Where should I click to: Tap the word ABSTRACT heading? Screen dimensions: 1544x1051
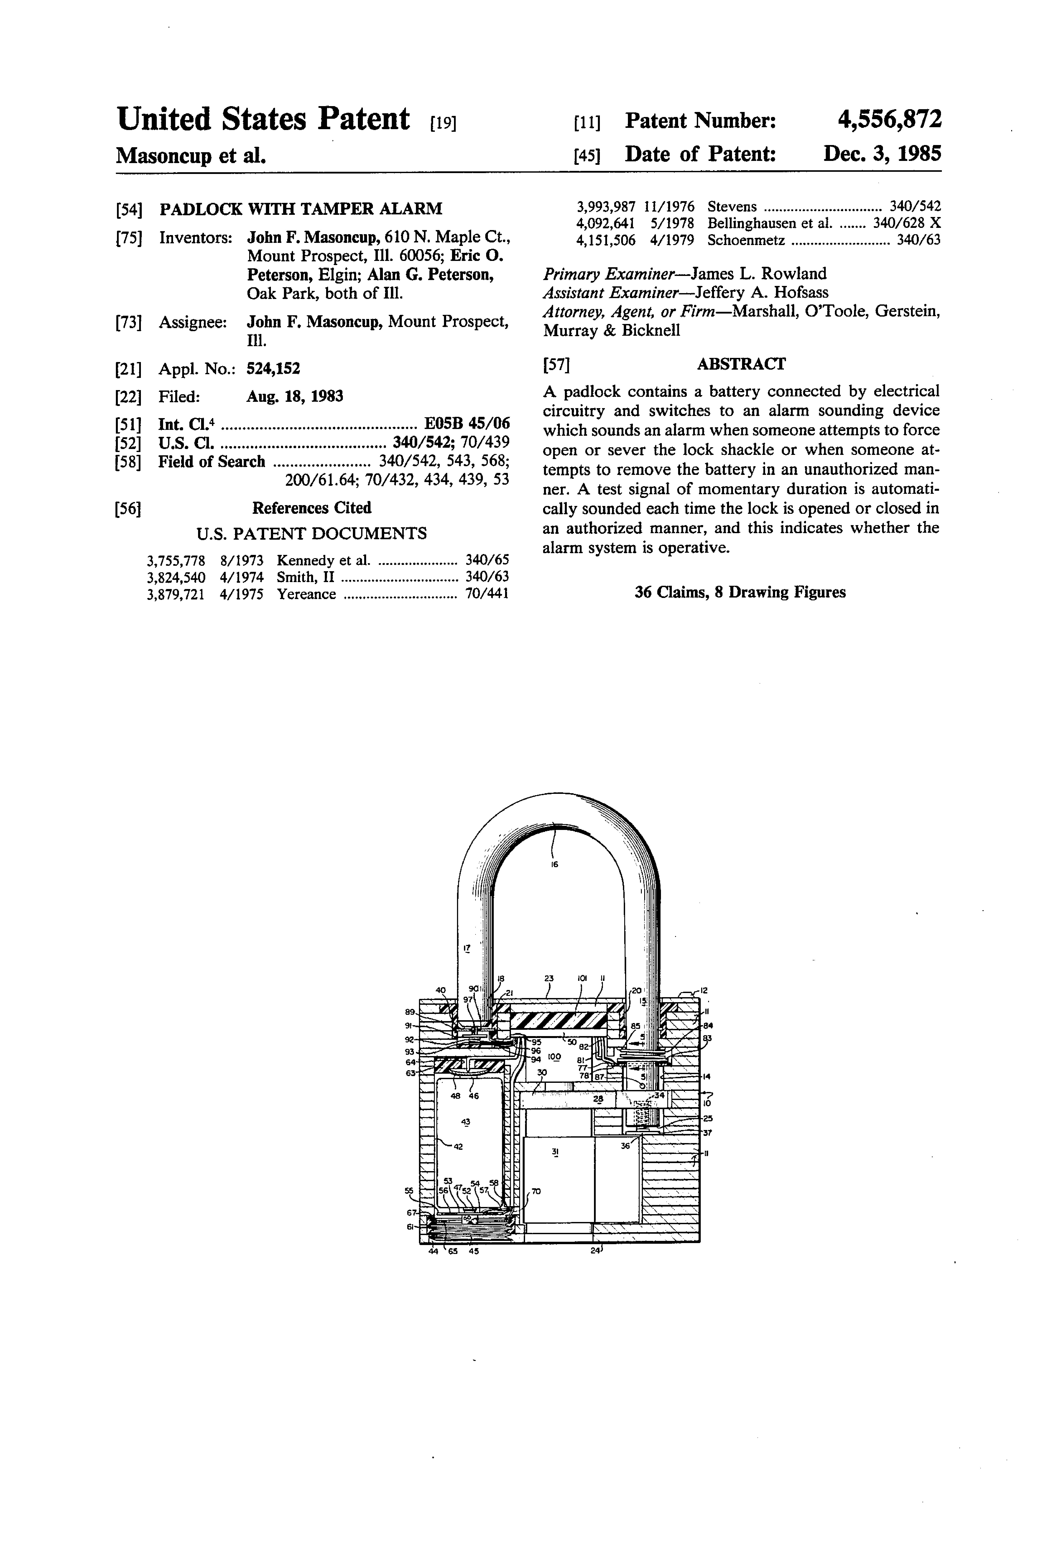coord(741,364)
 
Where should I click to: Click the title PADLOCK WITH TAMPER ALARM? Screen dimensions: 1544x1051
coord(301,209)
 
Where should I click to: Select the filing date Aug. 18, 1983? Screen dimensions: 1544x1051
coord(295,397)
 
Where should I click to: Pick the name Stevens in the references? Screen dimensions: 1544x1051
coord(732,207)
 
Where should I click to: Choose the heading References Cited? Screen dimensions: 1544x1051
coord(312,507)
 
